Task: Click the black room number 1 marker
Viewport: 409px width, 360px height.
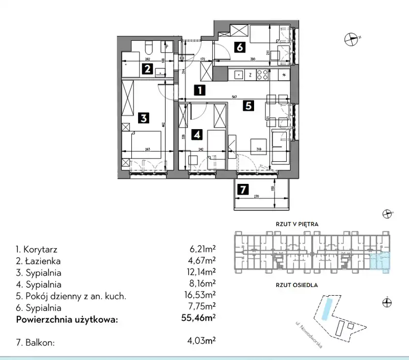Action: click(x=199, y=90)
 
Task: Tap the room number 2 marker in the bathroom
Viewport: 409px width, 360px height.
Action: click(x=147, y=69)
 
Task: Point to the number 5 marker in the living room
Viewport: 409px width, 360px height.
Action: click(x=248, y=106)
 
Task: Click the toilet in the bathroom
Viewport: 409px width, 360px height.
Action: click(x=148, y=48)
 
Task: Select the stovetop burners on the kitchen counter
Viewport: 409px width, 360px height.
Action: click(x=262, y=75)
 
